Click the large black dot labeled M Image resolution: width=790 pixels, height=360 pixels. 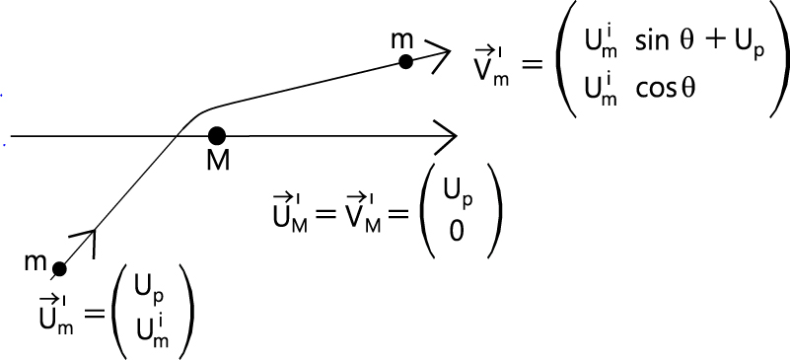point(217,134)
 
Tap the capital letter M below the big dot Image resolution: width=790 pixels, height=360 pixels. point(218,161)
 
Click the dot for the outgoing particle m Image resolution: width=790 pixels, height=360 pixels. point(404,61)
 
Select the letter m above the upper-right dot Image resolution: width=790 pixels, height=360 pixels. point(402,38)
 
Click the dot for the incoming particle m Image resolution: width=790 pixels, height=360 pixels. point(59,268)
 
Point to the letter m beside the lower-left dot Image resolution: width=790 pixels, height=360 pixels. point(36,264)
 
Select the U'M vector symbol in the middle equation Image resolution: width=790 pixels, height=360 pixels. point(291,214)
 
